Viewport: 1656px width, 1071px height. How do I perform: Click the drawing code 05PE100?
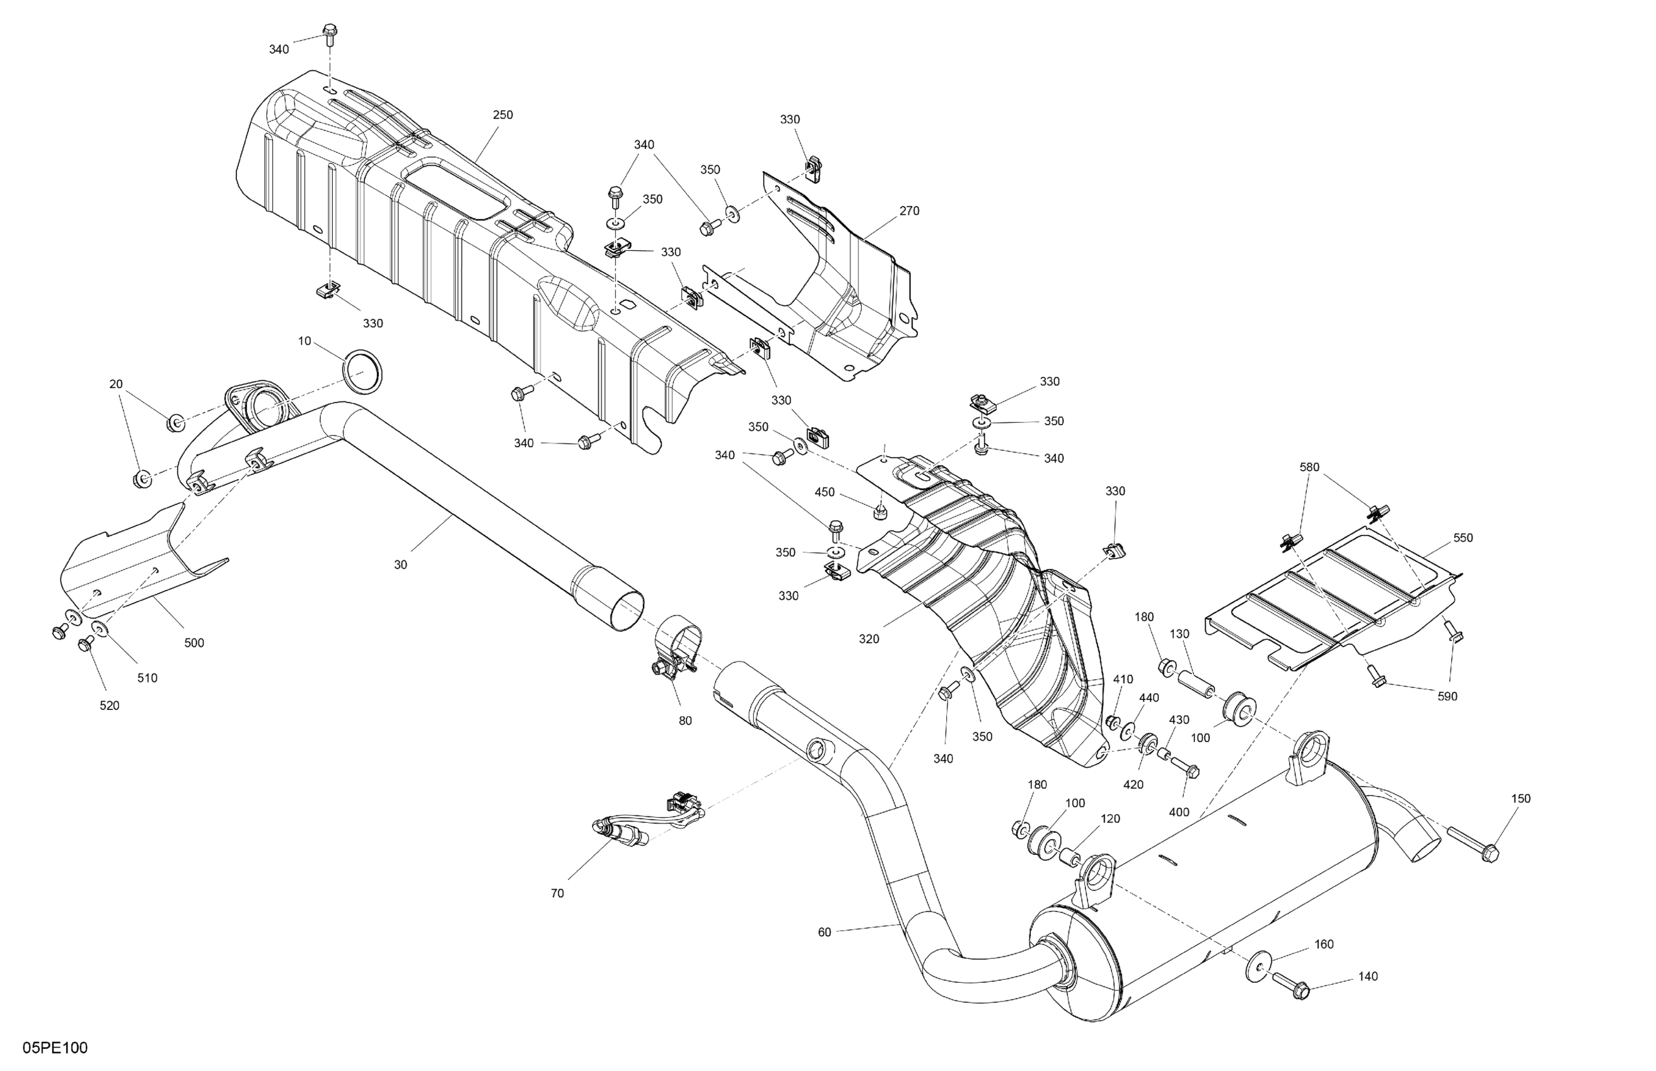pos(55,1048)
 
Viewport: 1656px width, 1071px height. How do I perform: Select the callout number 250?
pos(502,115)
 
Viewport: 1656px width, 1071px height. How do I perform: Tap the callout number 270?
pos(909,210)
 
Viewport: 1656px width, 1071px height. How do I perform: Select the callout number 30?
pos(400,564)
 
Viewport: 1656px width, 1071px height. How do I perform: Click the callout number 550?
pos(1462,537)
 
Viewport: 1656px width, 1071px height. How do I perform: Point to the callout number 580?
pos(1309,467)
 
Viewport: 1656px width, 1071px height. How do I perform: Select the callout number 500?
pos(194,643)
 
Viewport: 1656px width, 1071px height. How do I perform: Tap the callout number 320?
pos(869,639)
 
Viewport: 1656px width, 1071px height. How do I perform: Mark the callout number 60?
pos(824,932)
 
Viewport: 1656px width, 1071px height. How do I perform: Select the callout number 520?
pos(109,705)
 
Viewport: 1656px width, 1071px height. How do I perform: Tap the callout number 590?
pos(1447,696)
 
